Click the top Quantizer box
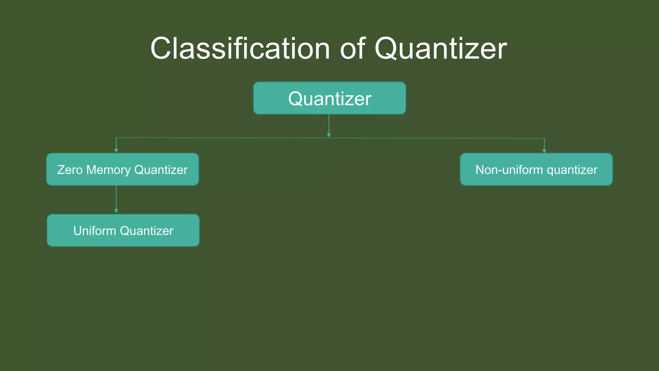tap(329, 98)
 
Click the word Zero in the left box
tap(70, 170)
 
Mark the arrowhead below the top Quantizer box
tap(329, 135)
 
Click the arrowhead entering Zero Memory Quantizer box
tap(116, 151)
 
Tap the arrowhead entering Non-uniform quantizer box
tap(544, 151)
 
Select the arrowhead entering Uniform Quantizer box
tap(116, 211)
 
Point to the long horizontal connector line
tap(225, 138)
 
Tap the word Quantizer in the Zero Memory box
tap(161, 170)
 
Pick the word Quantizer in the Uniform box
tap(146, 231)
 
